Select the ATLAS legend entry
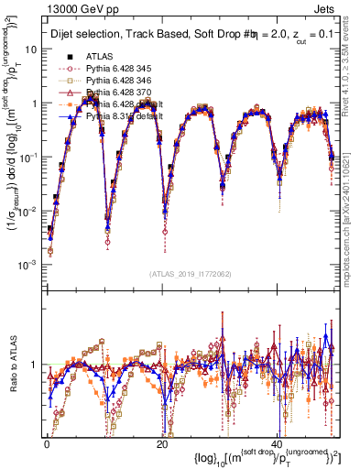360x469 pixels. click(x=100, y=56)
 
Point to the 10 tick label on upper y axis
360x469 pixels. click(x=35, y=49)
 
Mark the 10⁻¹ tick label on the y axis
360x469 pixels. click(x=32, y=157)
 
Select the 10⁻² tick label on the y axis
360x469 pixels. click(x=32, y=210)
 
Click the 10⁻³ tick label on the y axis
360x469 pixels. click(x=32, y=264)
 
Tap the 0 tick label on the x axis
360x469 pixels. click(x=48, y=444)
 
